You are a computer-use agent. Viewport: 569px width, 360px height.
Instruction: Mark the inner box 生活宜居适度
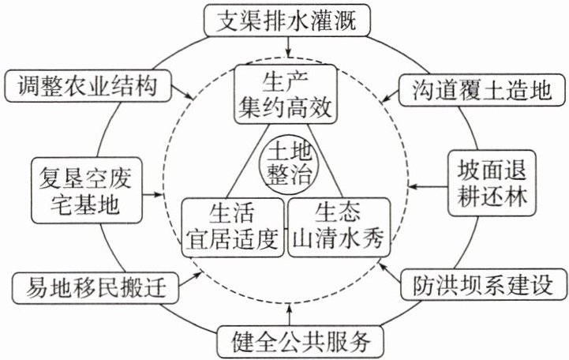233,225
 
